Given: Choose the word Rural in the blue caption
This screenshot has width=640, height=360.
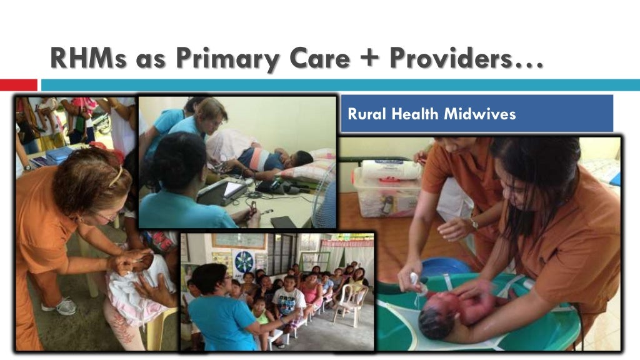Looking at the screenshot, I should pyautogui.click(x=362, y=114).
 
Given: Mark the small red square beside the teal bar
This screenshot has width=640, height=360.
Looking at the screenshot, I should pyautogui.click(x=18, y=84).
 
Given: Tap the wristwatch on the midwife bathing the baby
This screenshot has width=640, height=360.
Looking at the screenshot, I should pyautogui.click(x=473, y=224).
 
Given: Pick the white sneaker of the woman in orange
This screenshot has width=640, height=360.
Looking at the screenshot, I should pyautogui.click(x=60, y=306).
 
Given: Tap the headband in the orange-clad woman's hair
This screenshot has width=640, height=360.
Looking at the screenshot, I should pyautogui.click(x=116, y=177).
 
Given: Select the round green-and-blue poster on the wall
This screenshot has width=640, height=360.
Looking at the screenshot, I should pyautogui.click(x=243, y=262).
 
